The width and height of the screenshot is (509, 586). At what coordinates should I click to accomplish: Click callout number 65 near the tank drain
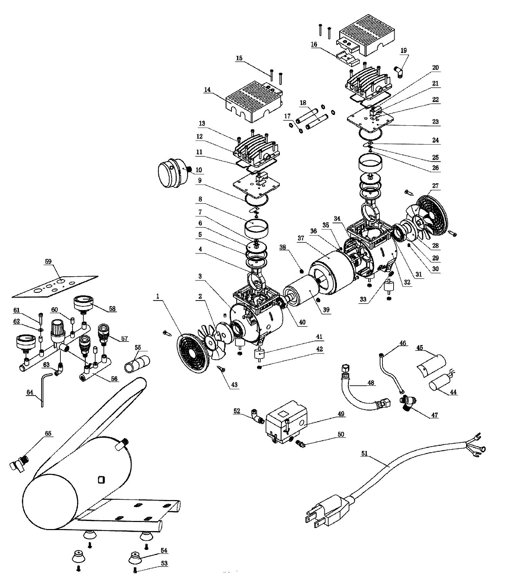tap(48, 433)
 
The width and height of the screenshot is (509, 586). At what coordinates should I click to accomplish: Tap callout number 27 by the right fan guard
tap(435, 186)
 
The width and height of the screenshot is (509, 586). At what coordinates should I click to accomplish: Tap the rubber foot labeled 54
tap(135, 557)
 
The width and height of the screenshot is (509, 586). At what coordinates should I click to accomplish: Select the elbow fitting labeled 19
tap(399, 72)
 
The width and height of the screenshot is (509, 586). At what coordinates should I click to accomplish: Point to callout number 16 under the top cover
tap(314, 44)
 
